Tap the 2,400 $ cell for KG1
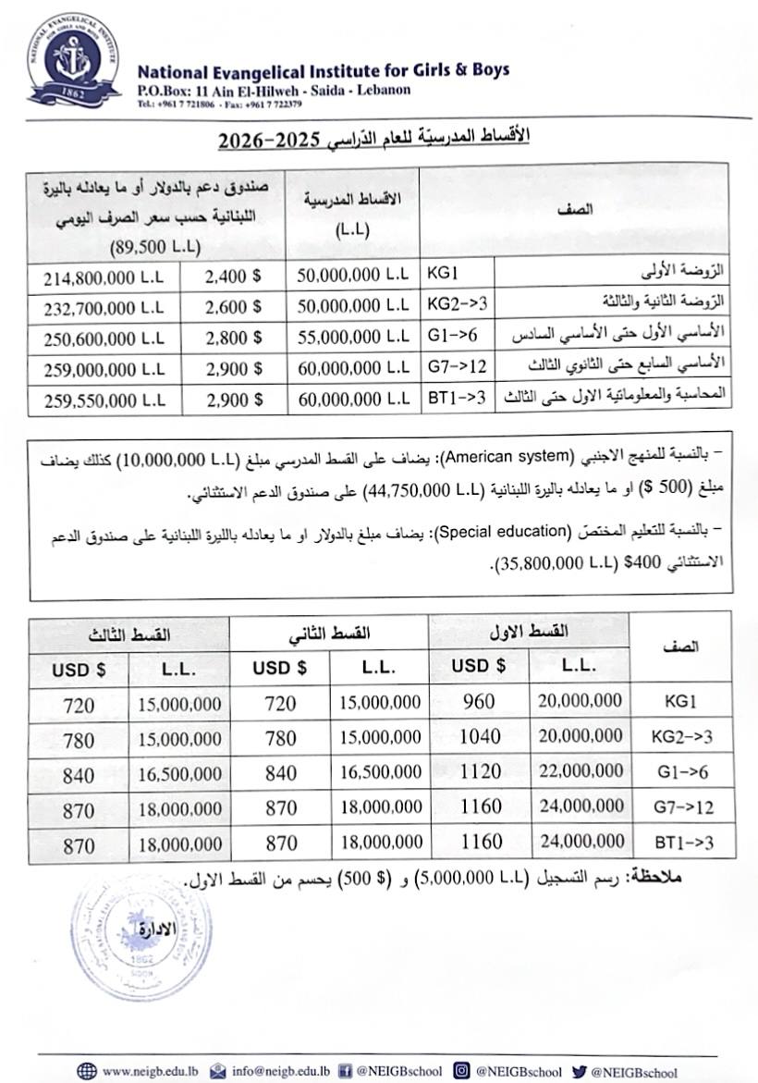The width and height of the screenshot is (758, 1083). click(233, 277)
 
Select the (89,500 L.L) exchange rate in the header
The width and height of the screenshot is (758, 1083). click(154, 246)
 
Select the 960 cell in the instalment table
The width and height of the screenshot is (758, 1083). click(479, 702)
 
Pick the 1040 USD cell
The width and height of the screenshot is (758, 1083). click(479, 736)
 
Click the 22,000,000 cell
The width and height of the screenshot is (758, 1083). click(580, 771)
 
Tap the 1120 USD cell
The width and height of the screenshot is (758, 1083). click(479, 771)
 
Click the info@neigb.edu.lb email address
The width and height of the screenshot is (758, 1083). click(281, 1071)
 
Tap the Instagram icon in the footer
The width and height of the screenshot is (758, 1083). click(461, 1071)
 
